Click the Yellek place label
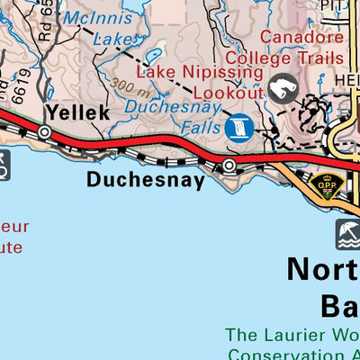[x=77, y=112]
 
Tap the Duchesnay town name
[x=146, y=180]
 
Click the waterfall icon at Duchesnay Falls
[x=239, y=127]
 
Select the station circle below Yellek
[x=45, y=132]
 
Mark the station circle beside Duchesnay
[x=229, y=166]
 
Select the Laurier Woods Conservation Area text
[x=293, y=343]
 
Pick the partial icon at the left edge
[x=4, y=164]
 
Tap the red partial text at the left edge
[x=13, y=236]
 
